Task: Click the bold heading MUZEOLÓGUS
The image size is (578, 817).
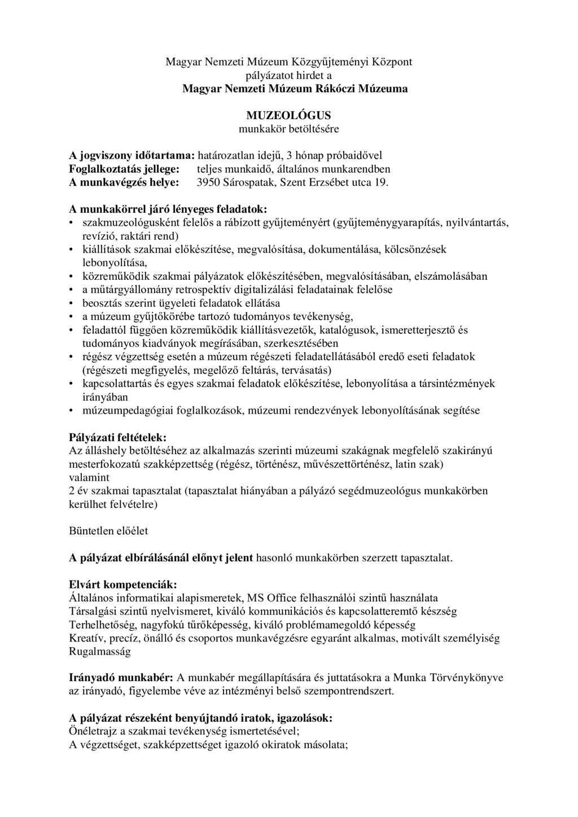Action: [288, 116]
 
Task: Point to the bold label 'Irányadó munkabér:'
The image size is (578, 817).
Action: [121, 677]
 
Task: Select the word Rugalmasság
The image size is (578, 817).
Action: [99, 651]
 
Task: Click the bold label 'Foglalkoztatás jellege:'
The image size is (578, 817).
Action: [124, 169]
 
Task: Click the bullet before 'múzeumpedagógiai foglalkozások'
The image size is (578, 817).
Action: [72, 410]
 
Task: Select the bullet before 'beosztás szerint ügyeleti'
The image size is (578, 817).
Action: [72, 303]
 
